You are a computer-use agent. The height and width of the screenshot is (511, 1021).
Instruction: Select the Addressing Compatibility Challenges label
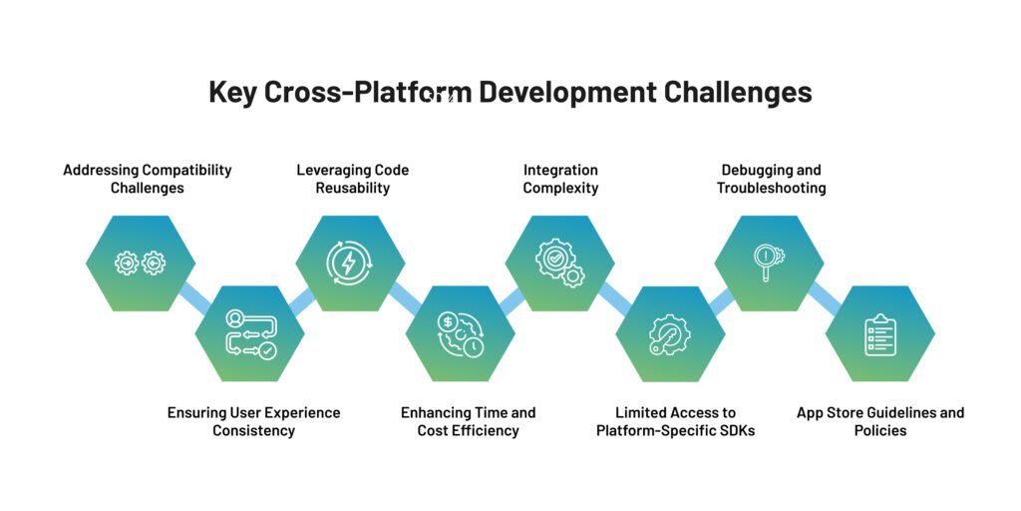[148, 179]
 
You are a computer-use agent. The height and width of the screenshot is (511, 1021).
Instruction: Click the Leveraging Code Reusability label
[352, 179]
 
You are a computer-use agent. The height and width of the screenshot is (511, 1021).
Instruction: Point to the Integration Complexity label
[560, 179]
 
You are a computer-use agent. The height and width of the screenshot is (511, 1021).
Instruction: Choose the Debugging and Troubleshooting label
[771, 179]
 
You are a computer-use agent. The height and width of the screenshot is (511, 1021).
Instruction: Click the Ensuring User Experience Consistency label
[253, 421]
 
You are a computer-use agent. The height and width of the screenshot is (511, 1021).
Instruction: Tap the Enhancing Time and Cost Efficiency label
[468, 421]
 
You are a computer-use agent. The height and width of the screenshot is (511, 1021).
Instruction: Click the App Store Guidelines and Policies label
[880, 421]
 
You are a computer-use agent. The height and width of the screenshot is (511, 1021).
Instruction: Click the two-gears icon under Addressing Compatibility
[140, 263]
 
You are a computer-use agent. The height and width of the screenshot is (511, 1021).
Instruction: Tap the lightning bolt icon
[350, 263]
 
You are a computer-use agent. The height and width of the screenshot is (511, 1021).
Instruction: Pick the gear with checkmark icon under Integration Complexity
[559, 263]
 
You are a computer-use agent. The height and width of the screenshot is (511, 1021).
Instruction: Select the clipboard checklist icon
[880, 333]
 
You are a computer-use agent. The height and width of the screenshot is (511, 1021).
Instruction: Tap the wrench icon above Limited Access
[670, 333]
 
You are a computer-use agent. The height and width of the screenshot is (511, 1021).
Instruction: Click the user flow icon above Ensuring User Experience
[249, 333]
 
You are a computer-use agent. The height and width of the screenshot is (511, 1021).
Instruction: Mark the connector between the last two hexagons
[825, 297]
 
